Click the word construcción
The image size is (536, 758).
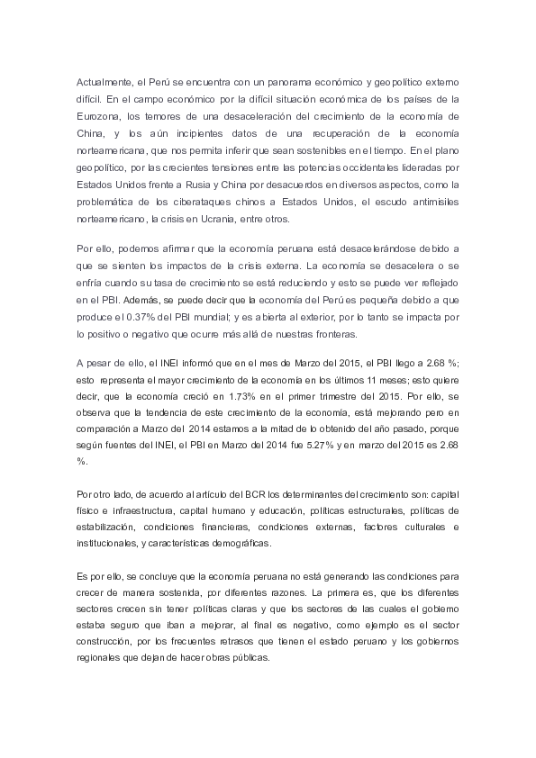pyautogui.click(x=104, y=649)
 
